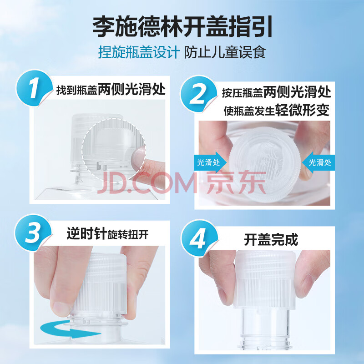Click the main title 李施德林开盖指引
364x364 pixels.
click(x=182, y=27)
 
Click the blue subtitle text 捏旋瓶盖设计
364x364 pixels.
click(x=139, y=52)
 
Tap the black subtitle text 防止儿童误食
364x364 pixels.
click(x=225, y=52)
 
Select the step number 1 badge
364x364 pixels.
click(x=34, y=88)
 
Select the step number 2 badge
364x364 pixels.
click(x=199, y=94)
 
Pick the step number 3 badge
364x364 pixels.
click(x=33, y=233)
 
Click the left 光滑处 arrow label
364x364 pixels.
click(x=210, y=162)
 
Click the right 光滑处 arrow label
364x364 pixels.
click(x=318, y=162)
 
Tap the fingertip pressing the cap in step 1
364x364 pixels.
click(x=138, y=158)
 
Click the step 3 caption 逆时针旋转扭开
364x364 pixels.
click(x=107, y=234)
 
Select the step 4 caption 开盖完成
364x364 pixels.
click(x=271, y=240)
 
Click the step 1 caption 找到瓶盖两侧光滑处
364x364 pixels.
click(x=111, y=89)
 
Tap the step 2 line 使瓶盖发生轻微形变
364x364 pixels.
click(x=277, y=110)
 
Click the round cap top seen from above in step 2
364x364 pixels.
click(x=265, y=164)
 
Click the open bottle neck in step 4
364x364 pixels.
click(x=265, y=328)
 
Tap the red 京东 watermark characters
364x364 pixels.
click(x=236, y=183)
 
